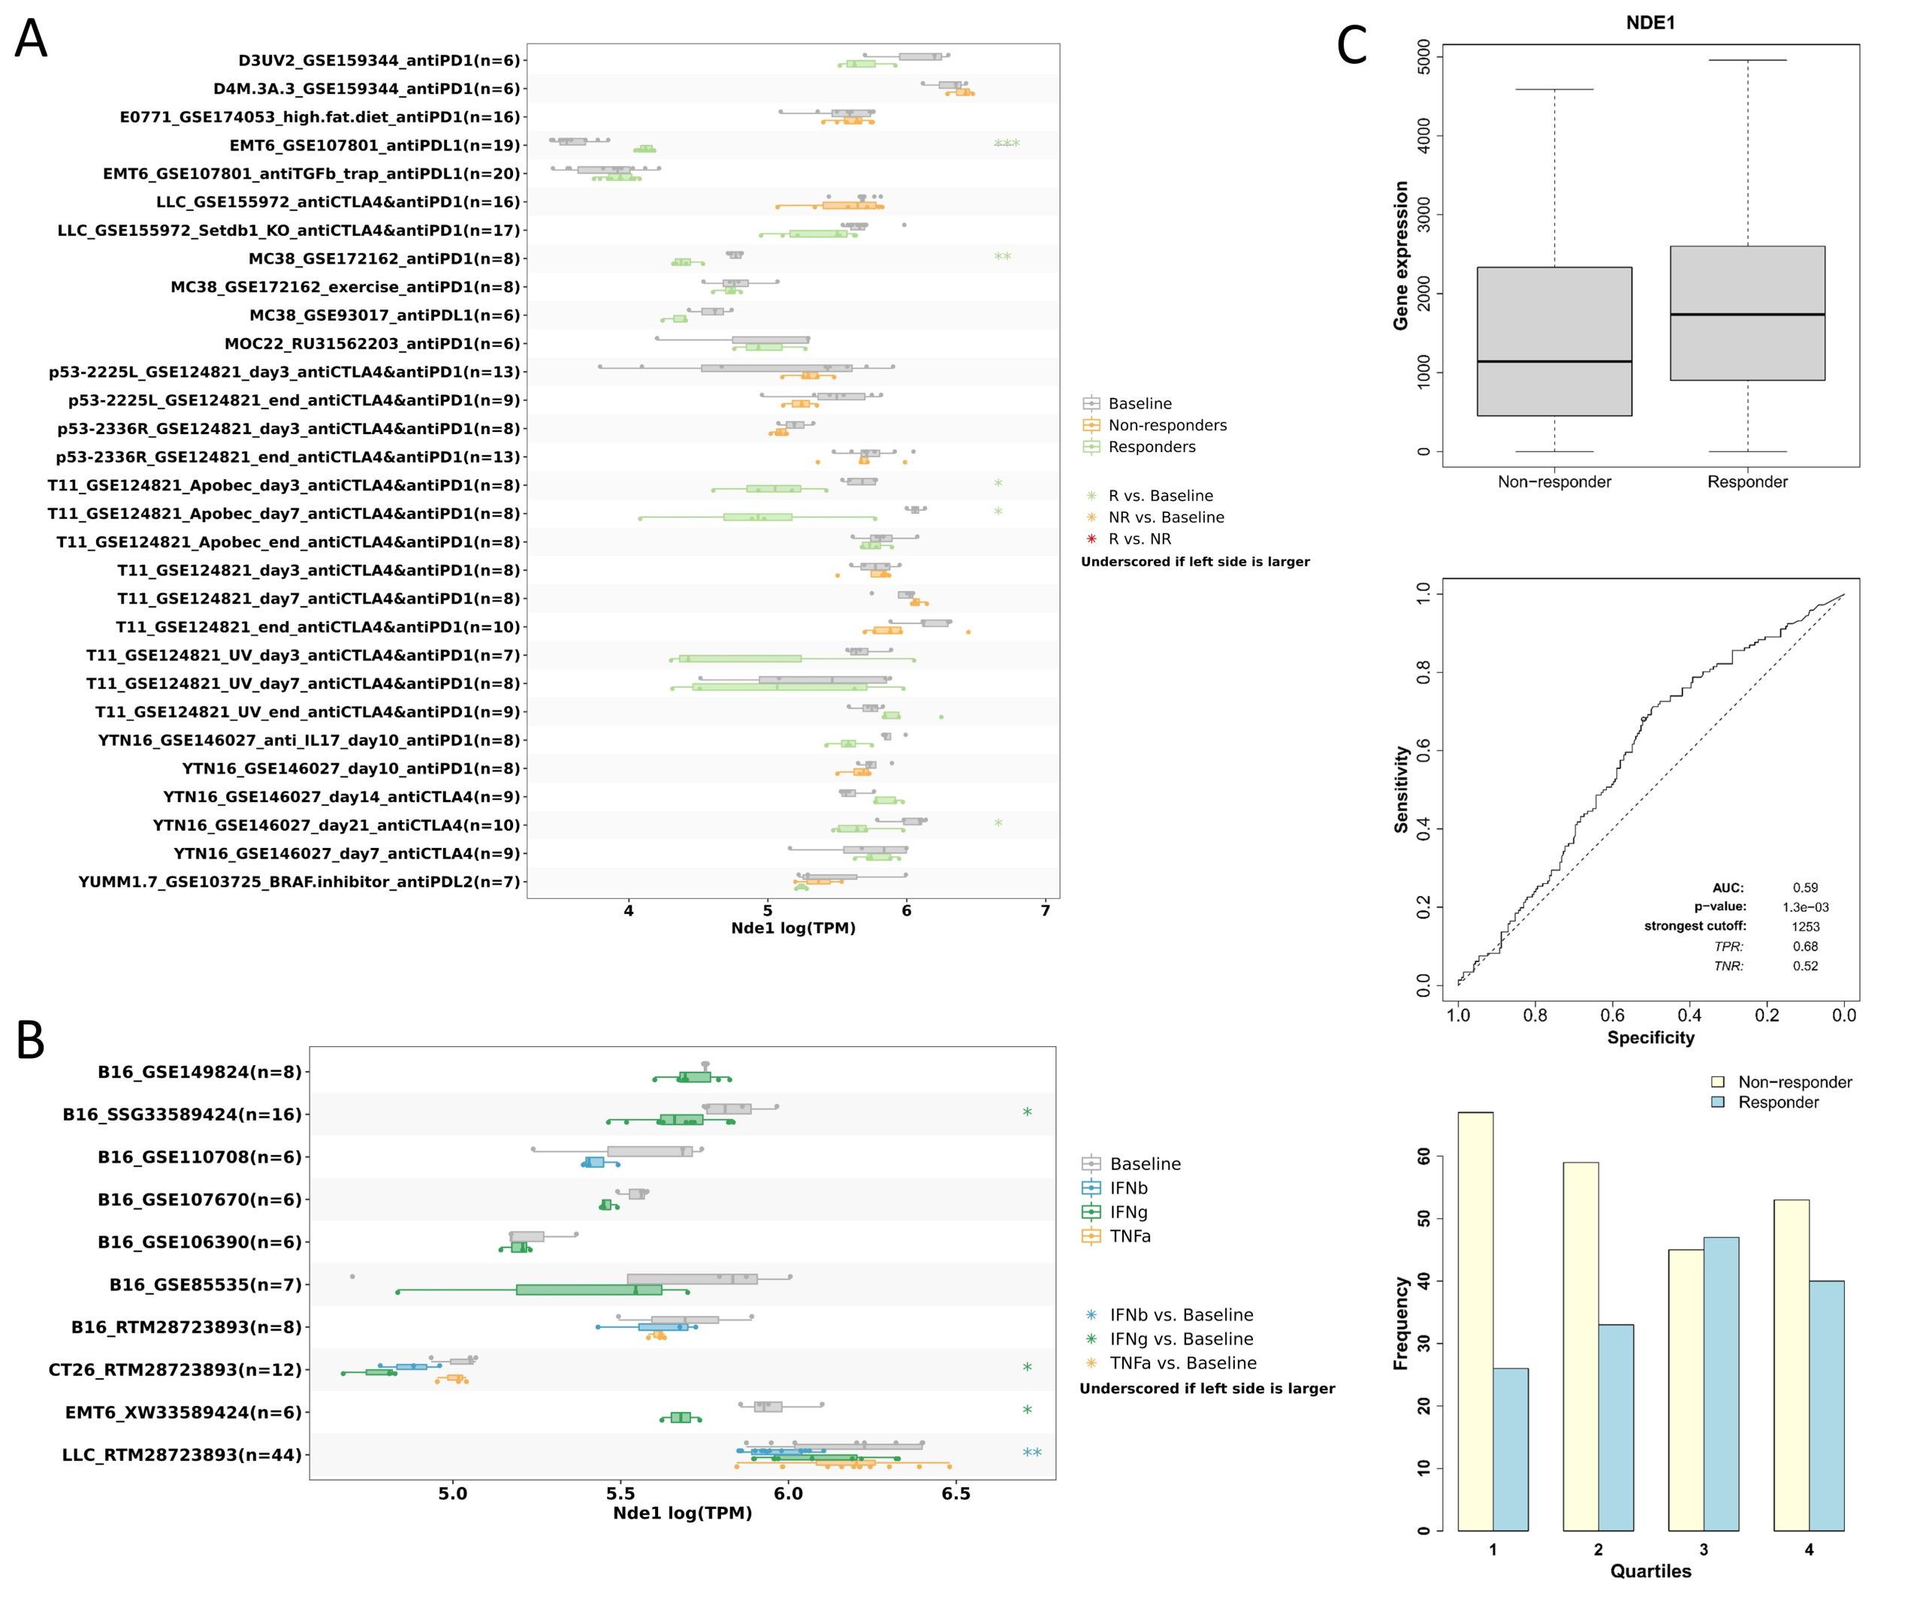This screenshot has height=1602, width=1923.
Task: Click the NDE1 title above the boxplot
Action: [1650, 23]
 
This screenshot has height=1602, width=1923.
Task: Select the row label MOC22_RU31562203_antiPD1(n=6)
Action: [372, 344]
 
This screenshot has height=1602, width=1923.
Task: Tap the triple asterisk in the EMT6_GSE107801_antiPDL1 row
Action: [1007, 143]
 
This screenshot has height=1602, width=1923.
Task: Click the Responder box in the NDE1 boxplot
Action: [1746, 313]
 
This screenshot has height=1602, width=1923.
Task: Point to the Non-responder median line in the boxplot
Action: [1554, 361]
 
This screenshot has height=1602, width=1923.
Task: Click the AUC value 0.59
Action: [1805, 887]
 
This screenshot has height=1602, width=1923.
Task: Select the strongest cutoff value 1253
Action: [1805, 926]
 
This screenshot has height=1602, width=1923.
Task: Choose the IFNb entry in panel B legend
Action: [1128, 1188]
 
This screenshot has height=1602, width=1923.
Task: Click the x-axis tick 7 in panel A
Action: [1046, 911]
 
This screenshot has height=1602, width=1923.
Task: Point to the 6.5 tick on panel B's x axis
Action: [955, 1494]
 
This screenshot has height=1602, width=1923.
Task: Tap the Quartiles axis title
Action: [1650, 1571]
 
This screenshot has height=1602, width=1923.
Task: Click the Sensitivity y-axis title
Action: [1401, 789]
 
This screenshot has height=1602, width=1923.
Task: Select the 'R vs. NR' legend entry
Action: [1139, 539]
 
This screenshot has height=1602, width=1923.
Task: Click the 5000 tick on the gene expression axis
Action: [1423, 57]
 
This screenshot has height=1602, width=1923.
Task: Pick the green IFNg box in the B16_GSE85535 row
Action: [589, 1290]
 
